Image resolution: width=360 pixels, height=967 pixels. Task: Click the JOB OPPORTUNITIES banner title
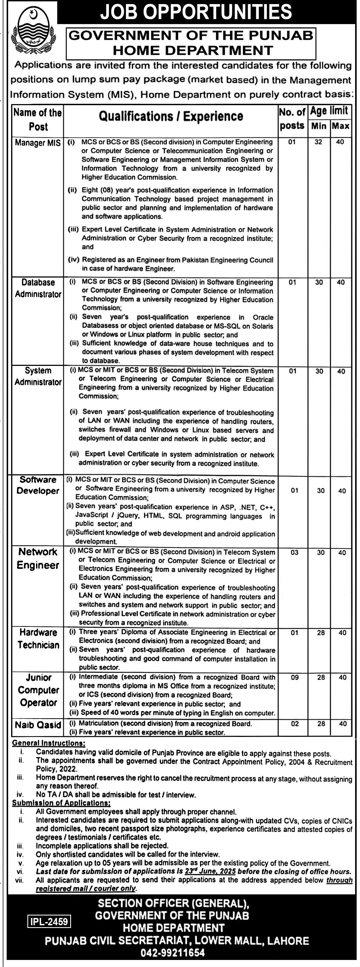(196, 12)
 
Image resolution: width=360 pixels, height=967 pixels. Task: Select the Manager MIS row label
(37, 143)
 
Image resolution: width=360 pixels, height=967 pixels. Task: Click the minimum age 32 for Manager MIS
(318, 142)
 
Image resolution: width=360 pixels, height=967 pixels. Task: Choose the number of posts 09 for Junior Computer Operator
(295, 678)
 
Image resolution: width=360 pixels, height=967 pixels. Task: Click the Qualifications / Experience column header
(171, 117)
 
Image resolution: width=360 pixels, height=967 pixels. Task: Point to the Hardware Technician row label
(38, 639)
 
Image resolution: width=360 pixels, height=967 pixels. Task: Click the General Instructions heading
(49, 743)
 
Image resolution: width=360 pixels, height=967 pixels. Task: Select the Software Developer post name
(38, 485)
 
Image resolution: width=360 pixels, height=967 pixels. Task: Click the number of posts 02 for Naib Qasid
(295, 723)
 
